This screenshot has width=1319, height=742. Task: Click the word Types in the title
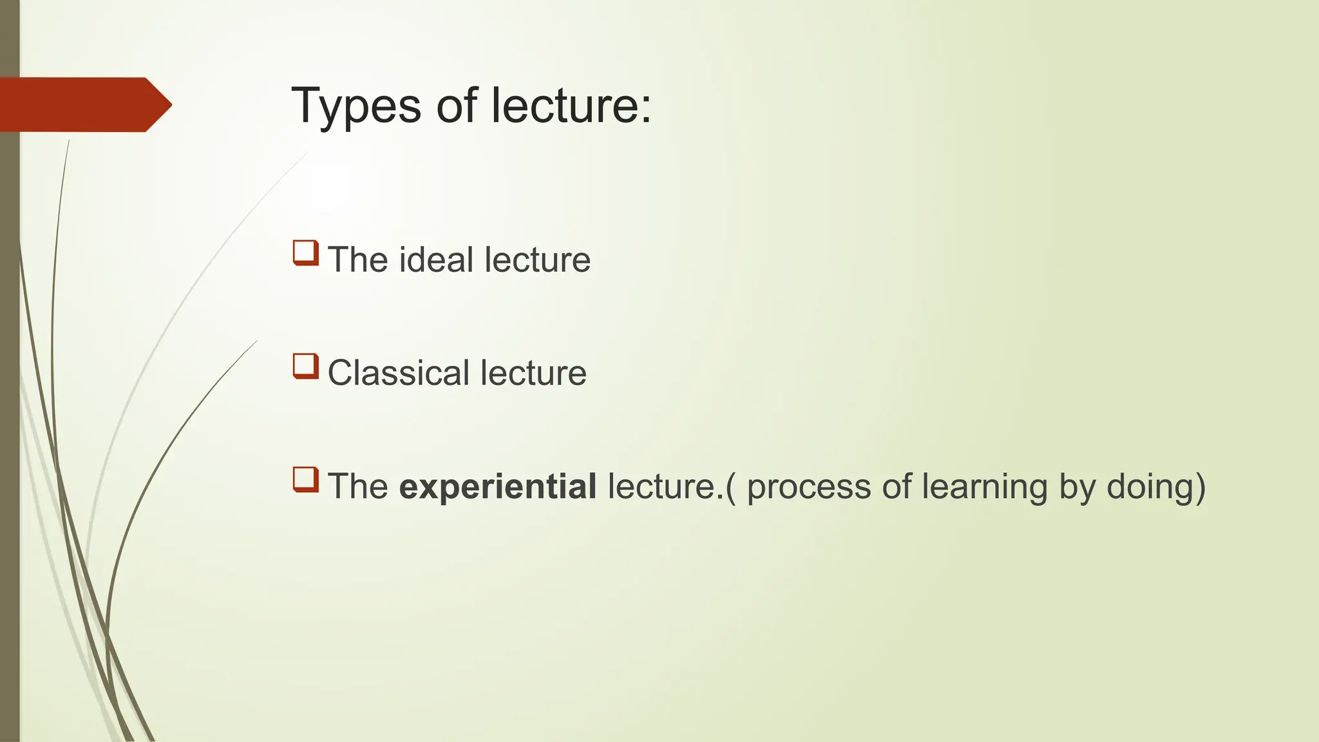pos(356,106)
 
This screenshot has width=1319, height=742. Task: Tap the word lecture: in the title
pos(571,106)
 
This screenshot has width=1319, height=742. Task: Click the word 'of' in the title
pos(457,106)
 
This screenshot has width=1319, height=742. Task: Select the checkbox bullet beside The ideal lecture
pos(306,252)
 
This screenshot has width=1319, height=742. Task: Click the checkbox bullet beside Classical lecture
pos(306,366)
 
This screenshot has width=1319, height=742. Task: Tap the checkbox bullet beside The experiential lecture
pos(306,479)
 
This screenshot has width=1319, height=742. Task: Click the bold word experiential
pos(498,487)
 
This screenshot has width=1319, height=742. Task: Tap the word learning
pos(985,487)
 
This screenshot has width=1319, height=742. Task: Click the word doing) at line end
pos(1156,487)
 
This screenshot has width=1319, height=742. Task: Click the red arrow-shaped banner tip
pos(158,104)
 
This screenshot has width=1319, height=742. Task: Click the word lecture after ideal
pos(537,260)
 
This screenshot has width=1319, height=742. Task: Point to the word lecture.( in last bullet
pos(670,487)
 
